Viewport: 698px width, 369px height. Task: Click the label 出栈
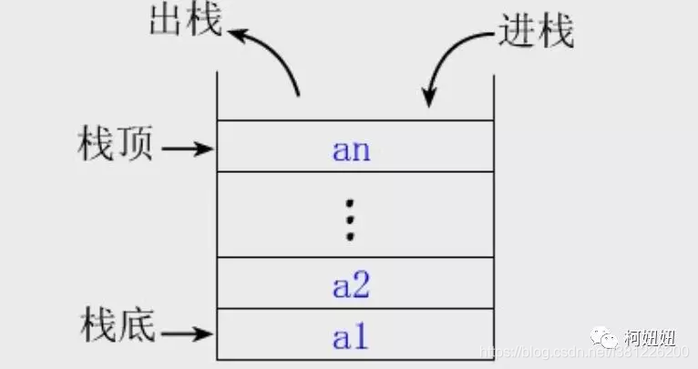click(184, 21)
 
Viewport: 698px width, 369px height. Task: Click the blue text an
click(352, 149)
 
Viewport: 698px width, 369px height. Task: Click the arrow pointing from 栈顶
click(191, 148)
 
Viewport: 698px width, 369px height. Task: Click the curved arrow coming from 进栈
click(451, 64)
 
